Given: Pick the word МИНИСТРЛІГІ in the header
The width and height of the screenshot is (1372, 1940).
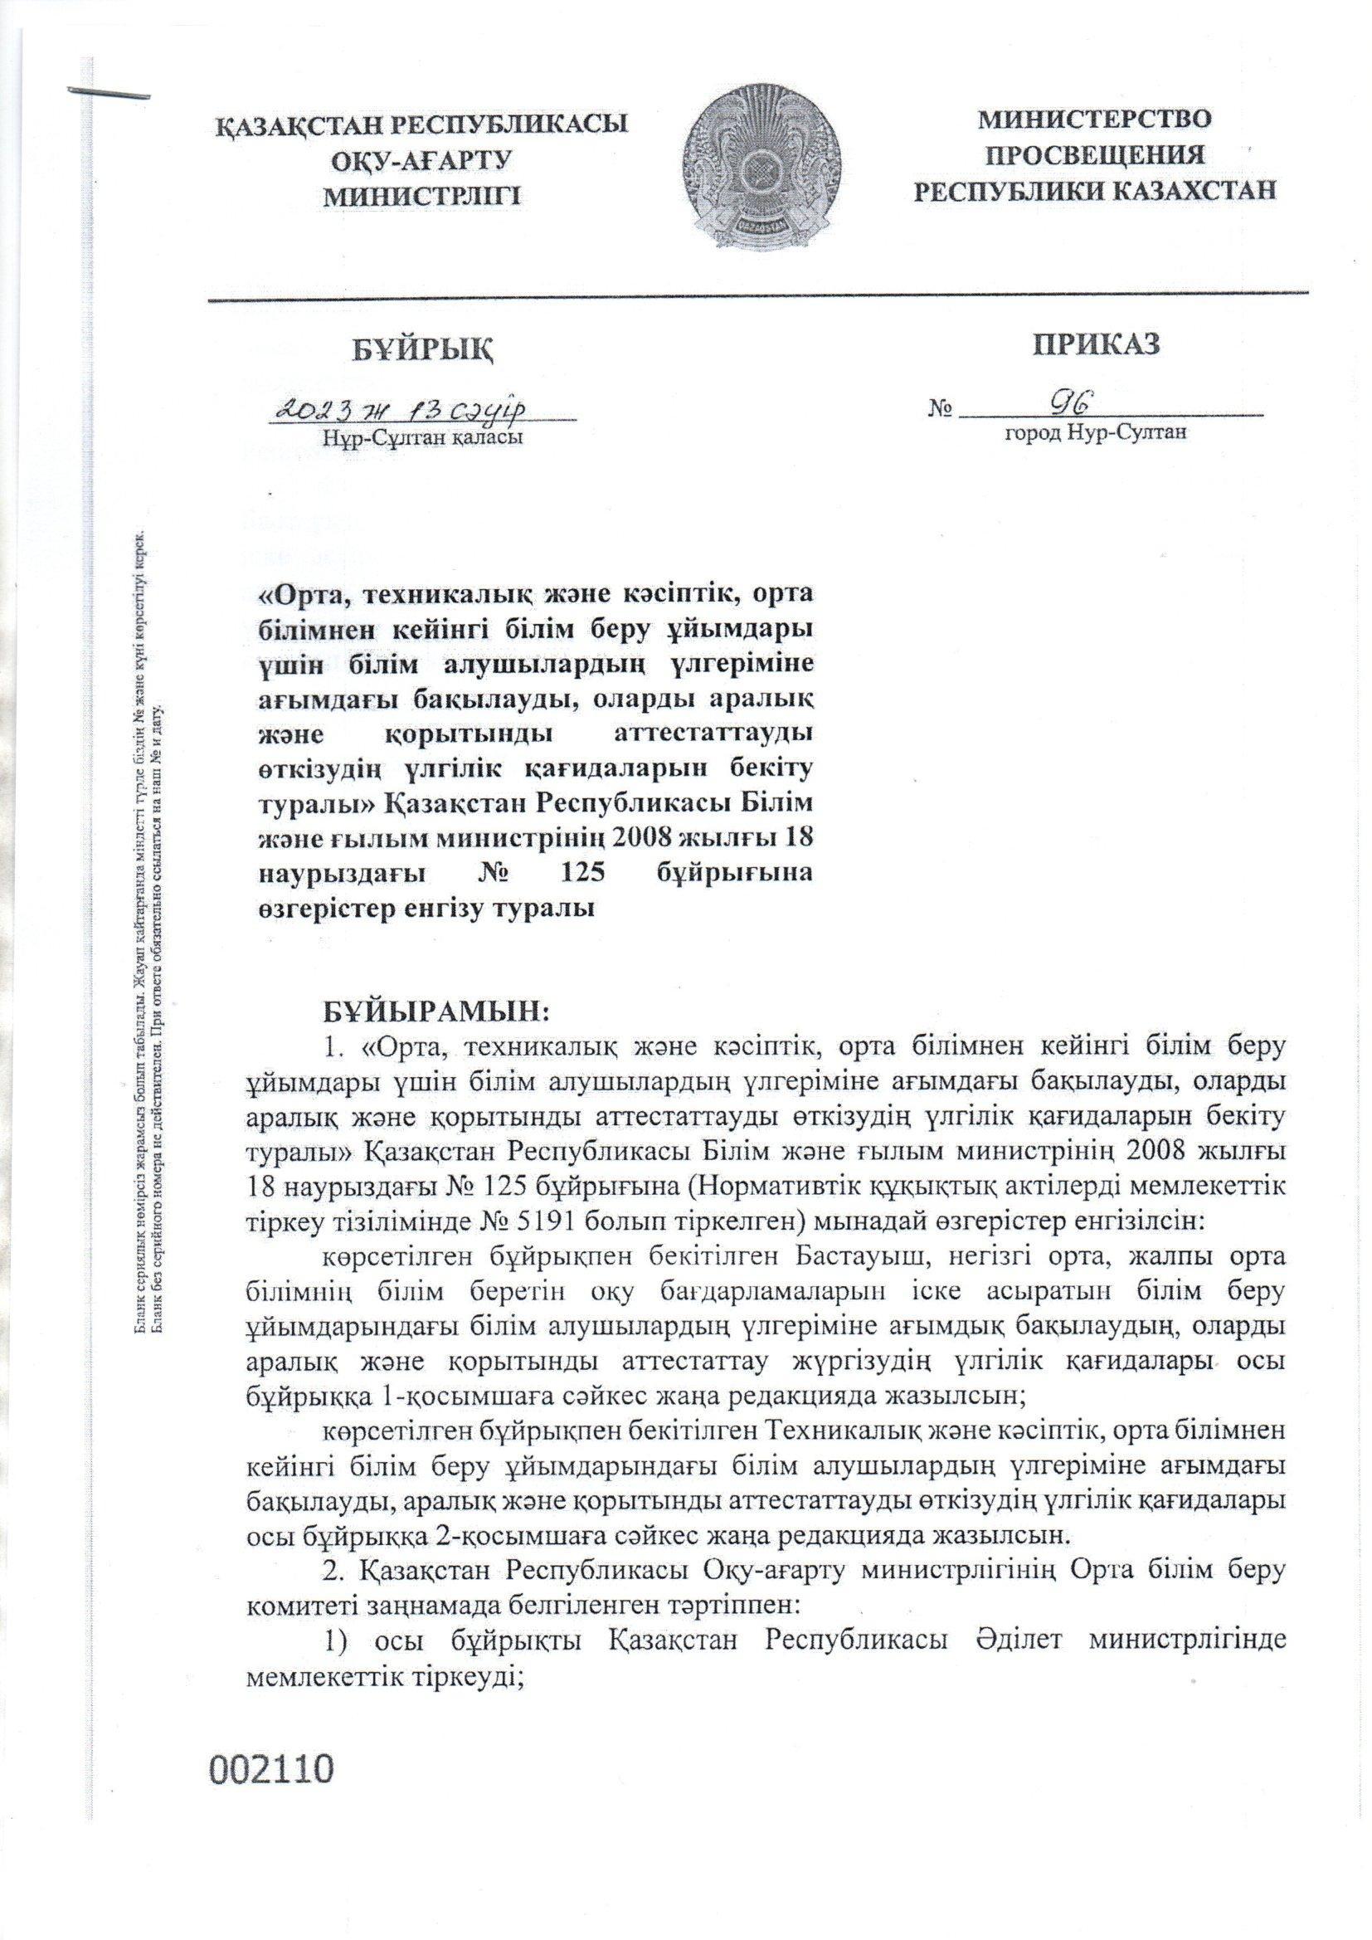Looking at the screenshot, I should click(x=423, y=196).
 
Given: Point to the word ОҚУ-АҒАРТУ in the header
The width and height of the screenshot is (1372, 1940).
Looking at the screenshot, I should click(x=423, y=159).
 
